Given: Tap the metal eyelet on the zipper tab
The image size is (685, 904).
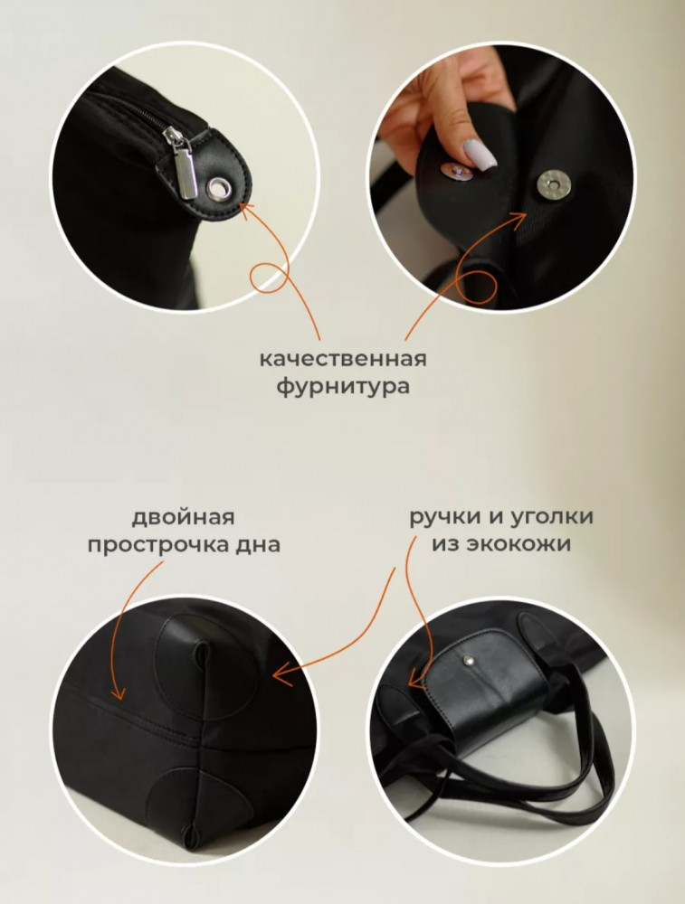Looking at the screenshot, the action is click(219, 188).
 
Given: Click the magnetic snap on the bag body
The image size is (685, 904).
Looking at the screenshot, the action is click(554, 184).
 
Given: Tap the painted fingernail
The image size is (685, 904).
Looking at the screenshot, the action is click(480, 155).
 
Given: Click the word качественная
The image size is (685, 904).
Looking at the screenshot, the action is click(343, 359).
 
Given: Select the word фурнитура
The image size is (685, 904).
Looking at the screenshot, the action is click(343, 386).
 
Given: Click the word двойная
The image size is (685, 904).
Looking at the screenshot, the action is click(184, 517).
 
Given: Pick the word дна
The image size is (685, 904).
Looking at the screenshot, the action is click(257, 544).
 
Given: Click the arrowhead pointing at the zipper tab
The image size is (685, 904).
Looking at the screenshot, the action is click(247, 210).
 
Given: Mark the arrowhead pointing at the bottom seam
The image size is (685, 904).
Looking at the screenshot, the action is click(119, 692).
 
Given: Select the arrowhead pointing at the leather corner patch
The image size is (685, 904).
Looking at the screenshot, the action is click(281, 673).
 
